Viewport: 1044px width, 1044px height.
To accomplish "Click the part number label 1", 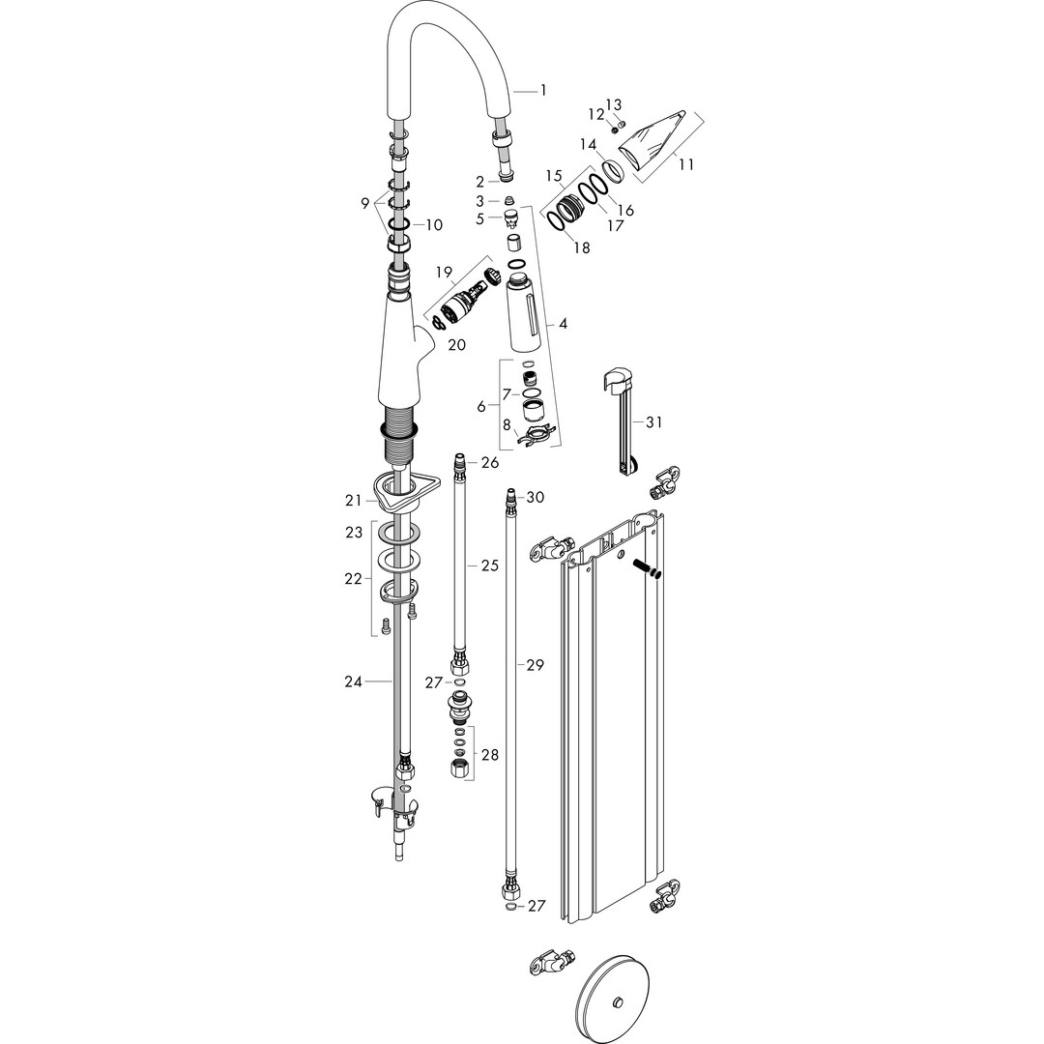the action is (543, 90).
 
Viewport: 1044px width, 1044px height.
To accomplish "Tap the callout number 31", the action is (653, 422).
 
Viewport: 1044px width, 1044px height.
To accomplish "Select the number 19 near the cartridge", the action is (444, 272).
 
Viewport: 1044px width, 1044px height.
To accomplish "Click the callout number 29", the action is (536, 664).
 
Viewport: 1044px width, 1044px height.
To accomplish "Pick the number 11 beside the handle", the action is (685, 163).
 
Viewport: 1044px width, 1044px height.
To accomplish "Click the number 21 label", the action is (354, 501).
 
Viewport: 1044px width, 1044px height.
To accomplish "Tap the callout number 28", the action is (489, 755).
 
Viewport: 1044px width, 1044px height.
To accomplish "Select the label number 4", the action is (564, 324).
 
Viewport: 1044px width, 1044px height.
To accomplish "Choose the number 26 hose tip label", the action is (490, 463).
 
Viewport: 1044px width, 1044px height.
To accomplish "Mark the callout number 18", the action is (581, 247).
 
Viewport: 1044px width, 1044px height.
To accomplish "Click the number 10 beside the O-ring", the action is (434, 225).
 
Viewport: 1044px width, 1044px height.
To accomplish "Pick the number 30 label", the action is (536, 498).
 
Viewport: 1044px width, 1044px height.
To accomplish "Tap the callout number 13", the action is (613, 105).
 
